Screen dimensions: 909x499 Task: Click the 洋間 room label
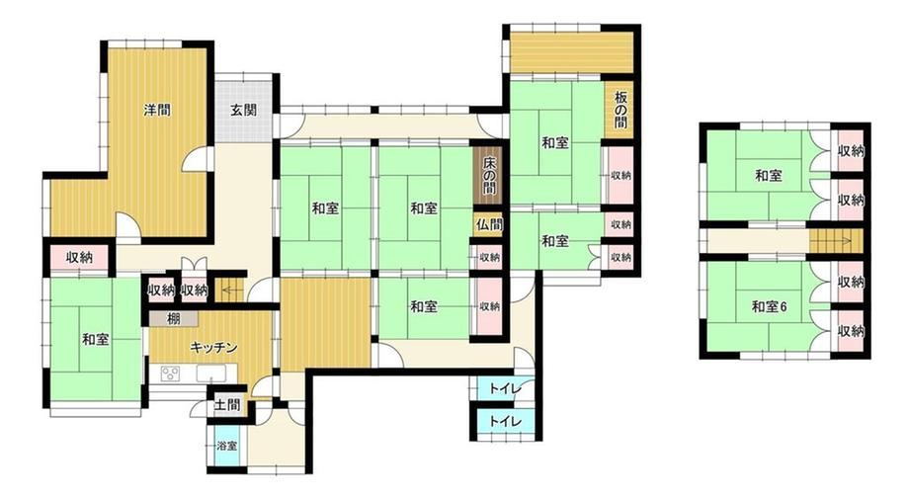157,110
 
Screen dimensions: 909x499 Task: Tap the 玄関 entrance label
243,110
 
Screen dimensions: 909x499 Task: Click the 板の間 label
620,109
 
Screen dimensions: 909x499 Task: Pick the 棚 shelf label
173,318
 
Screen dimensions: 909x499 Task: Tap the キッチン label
214,347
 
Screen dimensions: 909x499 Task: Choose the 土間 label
227,404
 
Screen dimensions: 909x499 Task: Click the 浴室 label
226,446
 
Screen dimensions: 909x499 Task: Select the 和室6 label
769,306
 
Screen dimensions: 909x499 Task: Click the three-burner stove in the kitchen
170,374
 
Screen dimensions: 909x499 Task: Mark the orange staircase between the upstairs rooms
835,241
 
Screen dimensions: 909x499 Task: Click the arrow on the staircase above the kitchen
233,289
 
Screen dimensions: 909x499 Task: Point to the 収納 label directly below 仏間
490,257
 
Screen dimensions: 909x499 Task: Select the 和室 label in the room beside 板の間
555,142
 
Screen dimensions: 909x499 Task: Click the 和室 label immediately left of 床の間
424,208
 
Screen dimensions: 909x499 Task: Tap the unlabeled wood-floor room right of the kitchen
326,323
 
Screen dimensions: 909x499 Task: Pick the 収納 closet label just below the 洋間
79,257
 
